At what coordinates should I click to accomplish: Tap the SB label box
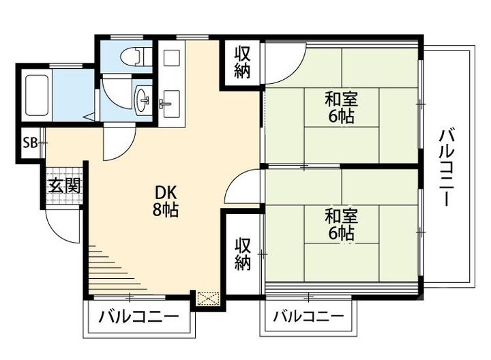[30, 143]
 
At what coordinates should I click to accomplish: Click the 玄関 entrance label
[64, 185]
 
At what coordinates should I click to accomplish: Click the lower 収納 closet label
[243, 253]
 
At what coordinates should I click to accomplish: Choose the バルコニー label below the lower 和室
[308, 317]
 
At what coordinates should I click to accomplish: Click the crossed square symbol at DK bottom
[205, 297]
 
